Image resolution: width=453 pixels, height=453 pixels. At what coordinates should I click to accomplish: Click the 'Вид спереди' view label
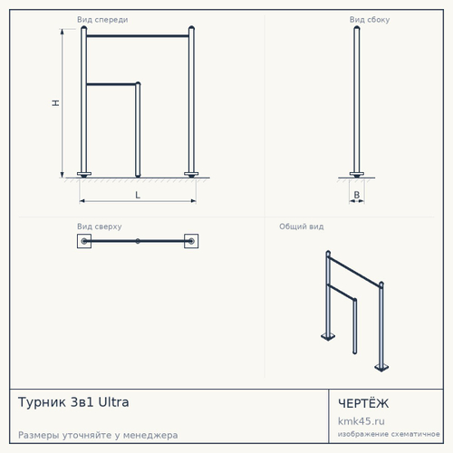102,20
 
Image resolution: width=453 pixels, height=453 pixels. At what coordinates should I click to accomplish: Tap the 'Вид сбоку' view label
370,20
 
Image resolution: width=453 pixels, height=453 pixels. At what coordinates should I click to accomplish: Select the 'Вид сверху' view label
100,226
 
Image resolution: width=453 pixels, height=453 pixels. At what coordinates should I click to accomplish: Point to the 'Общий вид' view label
302,226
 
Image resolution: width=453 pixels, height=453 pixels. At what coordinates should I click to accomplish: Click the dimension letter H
55,103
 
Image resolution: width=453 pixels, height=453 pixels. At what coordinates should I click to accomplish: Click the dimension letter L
138,195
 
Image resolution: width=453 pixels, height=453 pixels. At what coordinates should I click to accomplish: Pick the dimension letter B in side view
357,195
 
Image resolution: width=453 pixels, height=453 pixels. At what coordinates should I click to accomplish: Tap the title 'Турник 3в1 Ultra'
73,402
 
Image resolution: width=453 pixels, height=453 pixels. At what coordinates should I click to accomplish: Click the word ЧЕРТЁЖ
363,403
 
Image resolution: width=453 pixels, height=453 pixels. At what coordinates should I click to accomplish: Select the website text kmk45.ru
361,421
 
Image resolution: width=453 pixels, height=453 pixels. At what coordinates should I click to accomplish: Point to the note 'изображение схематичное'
389,434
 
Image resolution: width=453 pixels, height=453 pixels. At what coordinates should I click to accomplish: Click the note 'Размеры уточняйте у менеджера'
98,435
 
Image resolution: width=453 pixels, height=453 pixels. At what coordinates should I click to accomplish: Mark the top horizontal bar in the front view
138,36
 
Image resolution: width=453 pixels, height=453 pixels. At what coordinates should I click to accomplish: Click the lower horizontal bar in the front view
111,84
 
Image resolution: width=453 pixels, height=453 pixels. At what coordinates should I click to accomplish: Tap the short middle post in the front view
138,130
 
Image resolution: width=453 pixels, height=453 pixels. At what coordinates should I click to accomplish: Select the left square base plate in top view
84,241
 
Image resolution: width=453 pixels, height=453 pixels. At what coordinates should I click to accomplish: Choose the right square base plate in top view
191,241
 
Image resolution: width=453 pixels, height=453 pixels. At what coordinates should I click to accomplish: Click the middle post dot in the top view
138,241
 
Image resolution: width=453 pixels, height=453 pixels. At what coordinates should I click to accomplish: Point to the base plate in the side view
357,174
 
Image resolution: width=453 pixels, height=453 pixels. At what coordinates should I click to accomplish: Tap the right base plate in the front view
191,174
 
